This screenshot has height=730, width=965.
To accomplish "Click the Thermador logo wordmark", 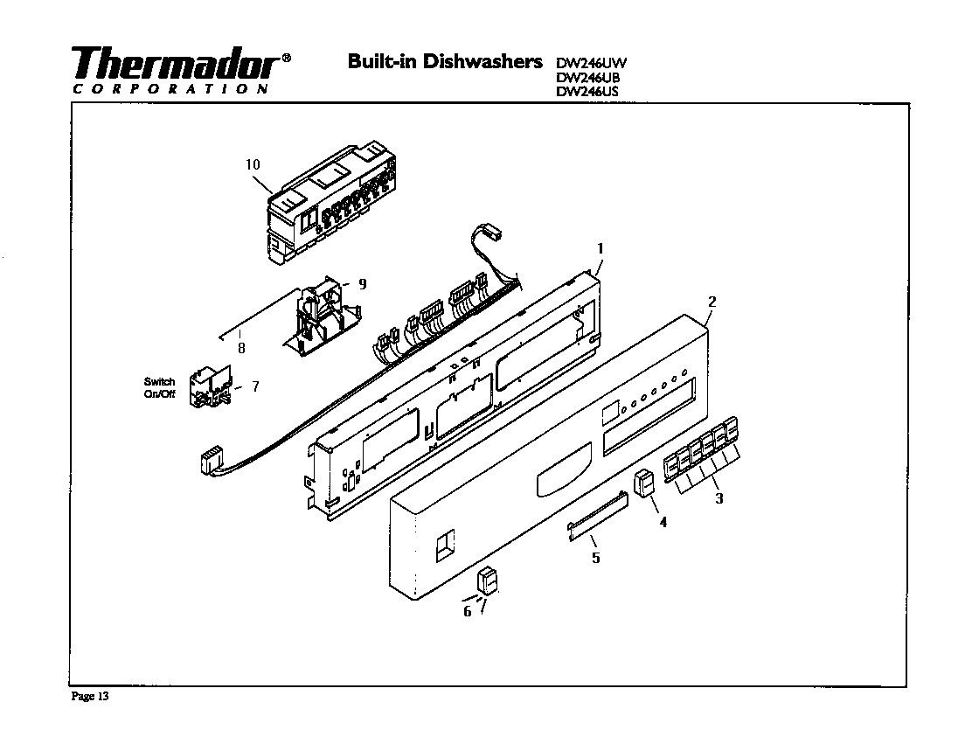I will click(175, 63).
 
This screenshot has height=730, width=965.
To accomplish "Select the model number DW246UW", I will click(592, 62).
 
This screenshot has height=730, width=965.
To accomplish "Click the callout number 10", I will click(253, 164).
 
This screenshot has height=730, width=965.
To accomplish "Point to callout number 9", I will click(362, 283).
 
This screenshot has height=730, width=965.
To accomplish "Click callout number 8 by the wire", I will click(241, 347).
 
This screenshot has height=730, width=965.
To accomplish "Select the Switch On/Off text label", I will click(159, 387).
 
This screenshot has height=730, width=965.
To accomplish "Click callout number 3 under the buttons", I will click(719, 499).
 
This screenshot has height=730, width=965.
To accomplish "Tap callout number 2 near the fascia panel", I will click(712, 302).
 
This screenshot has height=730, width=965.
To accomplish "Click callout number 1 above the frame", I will click(600, 248).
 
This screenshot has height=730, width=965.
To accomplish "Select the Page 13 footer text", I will click(89, 697).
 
